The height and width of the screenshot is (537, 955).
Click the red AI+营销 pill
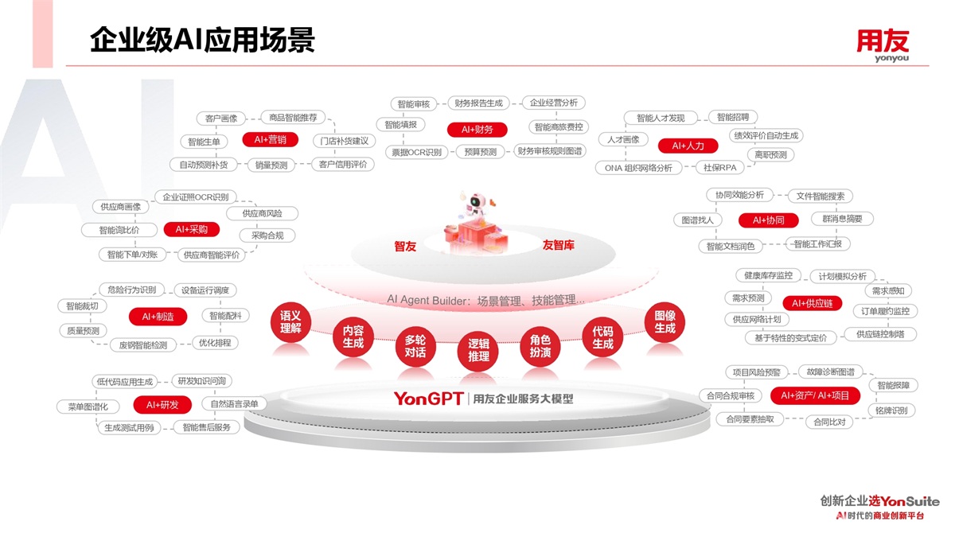click(x=270, y=139)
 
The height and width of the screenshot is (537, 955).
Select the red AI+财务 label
click(x=477, y=129)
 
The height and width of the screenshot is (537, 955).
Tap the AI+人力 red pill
click(x=688, y=146)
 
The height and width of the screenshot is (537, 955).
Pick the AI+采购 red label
click(x=191, y=229)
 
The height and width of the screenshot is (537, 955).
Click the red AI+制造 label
click(x=158, y=317)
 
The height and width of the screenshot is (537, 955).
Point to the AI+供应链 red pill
click(x=812, y=303)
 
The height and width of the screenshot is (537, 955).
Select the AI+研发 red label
click(x=162, y=405)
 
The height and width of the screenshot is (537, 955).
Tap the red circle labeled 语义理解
click(x=290, y=322)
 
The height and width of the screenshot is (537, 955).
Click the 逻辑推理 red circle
click(x=479, y=350)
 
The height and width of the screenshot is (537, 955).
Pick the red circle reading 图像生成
click(x=665, y=322)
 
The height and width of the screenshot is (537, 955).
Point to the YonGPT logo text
click(x=428, y=399)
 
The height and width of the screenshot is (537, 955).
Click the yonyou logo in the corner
click(x=883, y=45)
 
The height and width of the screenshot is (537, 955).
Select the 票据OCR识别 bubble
click(x=417, y=152)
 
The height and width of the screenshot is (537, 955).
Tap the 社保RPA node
click(x=719, y=168)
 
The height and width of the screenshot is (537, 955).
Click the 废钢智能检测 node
click(x=143, y=345)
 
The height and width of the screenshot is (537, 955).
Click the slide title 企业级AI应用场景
click(x=203, y=40)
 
